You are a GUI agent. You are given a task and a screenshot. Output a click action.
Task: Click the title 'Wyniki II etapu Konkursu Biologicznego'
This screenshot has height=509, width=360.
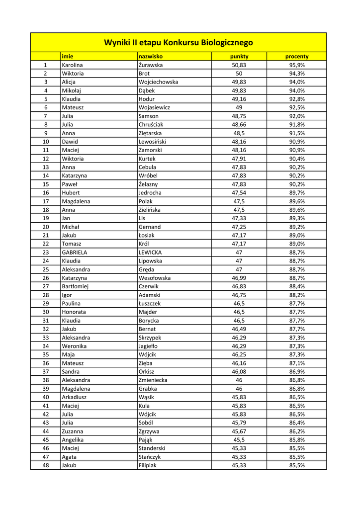(x=178, y=43)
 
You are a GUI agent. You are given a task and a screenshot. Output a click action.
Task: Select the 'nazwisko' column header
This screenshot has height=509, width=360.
(x=151, y=57)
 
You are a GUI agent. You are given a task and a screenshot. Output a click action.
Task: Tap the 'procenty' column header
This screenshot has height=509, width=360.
(x=297, y=57)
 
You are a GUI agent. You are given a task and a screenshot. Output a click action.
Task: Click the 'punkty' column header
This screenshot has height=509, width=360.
(x=239, y=57)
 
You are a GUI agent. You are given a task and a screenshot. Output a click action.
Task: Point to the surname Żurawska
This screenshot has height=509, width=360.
(x=151, y=65)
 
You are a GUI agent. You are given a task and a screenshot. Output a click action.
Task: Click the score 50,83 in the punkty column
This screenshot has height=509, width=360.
(x=239, y=65)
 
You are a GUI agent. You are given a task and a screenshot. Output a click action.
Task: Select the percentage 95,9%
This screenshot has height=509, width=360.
(x=297, y=65)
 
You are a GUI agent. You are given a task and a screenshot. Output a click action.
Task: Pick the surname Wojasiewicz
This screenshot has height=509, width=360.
(x=154, y=107)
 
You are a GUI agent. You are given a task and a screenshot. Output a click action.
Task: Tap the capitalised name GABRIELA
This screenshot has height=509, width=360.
(x=75, y=253)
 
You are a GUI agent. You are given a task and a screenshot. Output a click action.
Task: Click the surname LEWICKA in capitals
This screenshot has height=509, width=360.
(x=150, y=253)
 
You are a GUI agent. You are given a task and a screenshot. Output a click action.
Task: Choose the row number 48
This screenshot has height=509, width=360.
(x=45, y=465)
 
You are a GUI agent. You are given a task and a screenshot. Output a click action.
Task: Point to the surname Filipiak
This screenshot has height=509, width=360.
(x=148, y=465)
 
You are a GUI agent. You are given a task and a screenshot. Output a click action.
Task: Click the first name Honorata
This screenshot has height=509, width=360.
(x=74, y=312)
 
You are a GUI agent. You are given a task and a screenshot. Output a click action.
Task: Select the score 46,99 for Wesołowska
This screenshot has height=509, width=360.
(x=239, y=278)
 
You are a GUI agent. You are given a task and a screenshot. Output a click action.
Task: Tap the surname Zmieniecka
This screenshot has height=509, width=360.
(x=153, y=380)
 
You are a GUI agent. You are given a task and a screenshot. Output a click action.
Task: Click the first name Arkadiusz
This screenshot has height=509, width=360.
(x=75, y=397)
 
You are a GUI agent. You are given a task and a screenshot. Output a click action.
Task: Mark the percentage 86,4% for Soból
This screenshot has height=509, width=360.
(x=297, y=423)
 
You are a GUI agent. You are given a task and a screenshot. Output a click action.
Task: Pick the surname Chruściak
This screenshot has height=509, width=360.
(x=151, y=125)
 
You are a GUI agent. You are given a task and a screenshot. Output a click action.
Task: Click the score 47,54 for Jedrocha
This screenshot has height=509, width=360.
(x=239, y=193)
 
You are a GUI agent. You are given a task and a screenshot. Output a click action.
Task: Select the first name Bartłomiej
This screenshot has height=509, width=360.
(x=75, y=286)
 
